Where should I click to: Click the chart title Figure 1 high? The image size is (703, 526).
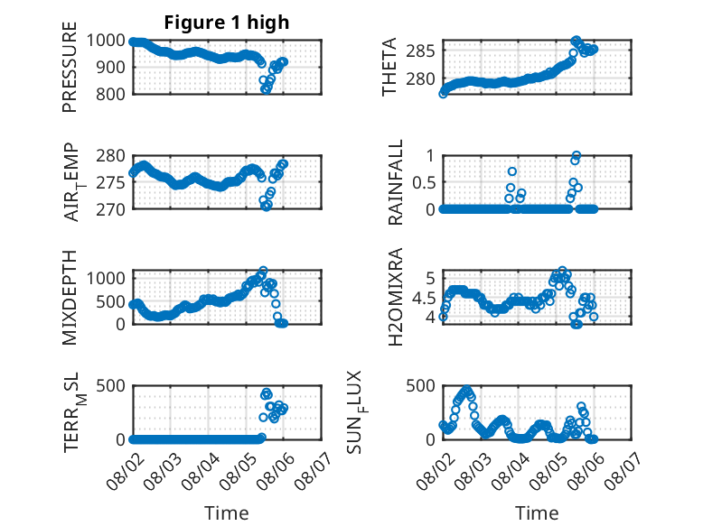(x=227, y=23)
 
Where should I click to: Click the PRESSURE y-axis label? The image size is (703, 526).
(x=70, y=67)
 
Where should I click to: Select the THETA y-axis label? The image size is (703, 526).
(x=389, y=67)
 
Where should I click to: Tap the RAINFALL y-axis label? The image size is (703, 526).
(x=396, y=182)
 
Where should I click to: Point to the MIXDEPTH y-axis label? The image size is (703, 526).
(x=70, y=298)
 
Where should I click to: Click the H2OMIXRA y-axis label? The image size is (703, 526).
(x=396, y=297)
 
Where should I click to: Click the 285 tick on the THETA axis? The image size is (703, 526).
(x=420, y=51)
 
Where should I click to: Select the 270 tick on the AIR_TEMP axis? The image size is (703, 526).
(x=111, y=209)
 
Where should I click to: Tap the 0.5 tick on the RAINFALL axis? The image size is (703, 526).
(x=424, y=182)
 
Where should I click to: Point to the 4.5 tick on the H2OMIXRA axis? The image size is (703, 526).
(x=424, y=297)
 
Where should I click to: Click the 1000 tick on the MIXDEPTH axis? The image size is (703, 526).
(x=106, y=278)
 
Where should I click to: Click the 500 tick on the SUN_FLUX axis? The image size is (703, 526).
(x=420, y=385)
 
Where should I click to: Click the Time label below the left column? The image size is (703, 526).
(x=227, y=512)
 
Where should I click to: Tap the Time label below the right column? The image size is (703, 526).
(x=537, y=512)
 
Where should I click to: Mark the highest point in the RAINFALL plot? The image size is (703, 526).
(x=576, y=155)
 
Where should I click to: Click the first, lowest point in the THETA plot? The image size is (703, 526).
(x=443, y=94)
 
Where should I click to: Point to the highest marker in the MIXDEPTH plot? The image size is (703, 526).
(x=263, y=271)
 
